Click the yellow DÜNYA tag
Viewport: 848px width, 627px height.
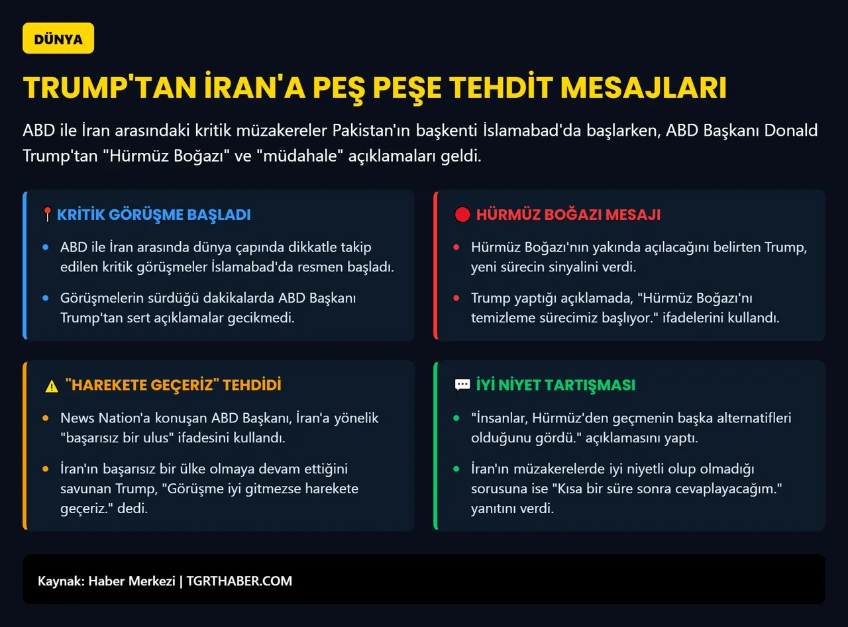point(58,38)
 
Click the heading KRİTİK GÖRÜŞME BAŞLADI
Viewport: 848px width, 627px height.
point(154,215)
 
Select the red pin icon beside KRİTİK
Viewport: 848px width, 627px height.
point(47,215)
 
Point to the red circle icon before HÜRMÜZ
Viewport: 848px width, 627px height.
point(462,215)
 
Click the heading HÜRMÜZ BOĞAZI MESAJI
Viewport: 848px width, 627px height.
point(568,215)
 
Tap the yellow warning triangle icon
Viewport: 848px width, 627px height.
point(52,385)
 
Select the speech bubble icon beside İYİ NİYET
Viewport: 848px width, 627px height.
point(462,385)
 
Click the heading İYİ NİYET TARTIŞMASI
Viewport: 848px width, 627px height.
point(555,385)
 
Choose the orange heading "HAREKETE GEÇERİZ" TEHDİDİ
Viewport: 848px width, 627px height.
point(173,385)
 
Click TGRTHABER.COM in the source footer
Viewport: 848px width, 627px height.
point(239,581)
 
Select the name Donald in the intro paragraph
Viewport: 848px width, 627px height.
point(791,130)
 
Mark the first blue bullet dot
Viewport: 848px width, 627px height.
point(46,248)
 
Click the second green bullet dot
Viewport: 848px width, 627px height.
point(456,469)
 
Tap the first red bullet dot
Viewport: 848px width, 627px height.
point(456,248)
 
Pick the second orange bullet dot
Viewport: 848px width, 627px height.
point(46,469)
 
